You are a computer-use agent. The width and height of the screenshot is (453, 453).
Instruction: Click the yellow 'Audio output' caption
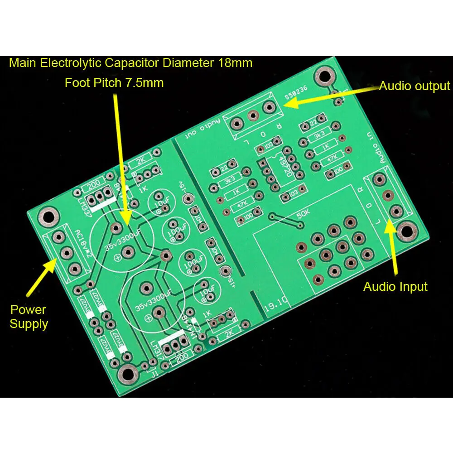414,86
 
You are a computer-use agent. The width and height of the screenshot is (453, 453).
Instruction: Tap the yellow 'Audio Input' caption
395,286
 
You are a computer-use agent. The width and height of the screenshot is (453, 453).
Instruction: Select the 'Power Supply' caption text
29,317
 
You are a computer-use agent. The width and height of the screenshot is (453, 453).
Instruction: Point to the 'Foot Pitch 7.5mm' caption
114,83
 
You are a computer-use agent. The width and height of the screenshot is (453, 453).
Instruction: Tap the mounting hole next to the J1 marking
128,373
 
